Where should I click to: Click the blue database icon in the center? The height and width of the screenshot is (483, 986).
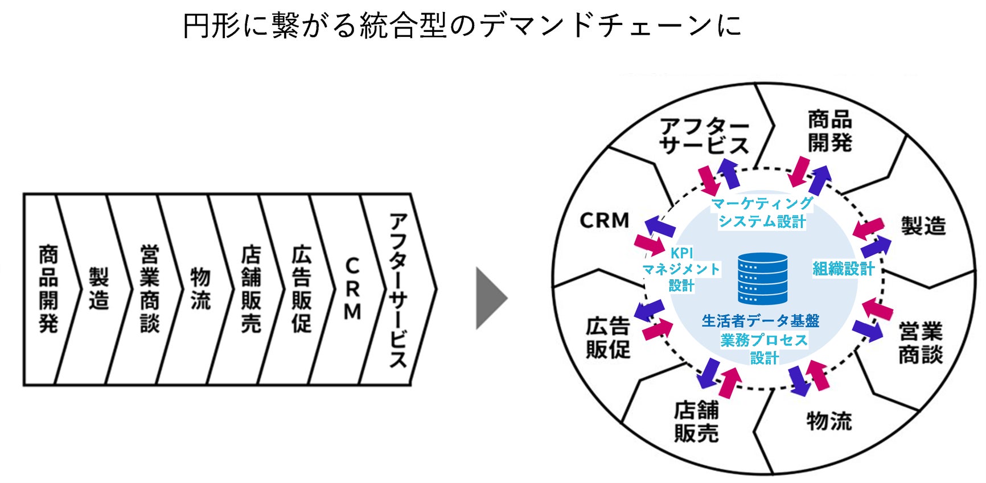coord(763,279)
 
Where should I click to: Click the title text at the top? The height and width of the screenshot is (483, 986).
coord(462,26)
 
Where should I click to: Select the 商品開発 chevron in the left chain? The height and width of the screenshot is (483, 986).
coord(48,289)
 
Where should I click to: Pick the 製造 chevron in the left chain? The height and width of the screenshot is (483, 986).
coord(98,289)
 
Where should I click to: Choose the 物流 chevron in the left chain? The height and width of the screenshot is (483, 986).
coord(200,289)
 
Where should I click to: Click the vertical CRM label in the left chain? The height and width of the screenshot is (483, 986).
coord(352,289)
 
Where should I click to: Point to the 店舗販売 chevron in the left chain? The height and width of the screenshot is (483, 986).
coord(250,289)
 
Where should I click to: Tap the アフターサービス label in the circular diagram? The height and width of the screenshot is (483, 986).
coord(704,136)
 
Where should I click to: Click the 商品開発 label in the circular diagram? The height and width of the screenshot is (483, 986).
coord(829,131)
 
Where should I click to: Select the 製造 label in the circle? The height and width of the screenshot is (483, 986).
coord(923,226)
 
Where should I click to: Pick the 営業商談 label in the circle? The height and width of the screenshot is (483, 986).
coord(920,342)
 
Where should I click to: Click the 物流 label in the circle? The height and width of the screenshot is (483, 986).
coord(829,422)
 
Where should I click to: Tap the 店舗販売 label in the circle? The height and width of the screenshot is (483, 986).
coord(696,422)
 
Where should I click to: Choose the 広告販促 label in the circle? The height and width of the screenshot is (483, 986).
coord(608,338)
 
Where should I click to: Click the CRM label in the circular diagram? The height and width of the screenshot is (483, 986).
coord(605,221)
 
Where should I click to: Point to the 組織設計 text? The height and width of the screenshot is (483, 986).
coord(843,269)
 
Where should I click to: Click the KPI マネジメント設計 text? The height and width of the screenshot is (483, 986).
coord(681,269)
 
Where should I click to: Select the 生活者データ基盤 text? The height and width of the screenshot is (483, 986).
coord(761,321)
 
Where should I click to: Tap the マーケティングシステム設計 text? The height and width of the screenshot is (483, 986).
coord(762,212)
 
